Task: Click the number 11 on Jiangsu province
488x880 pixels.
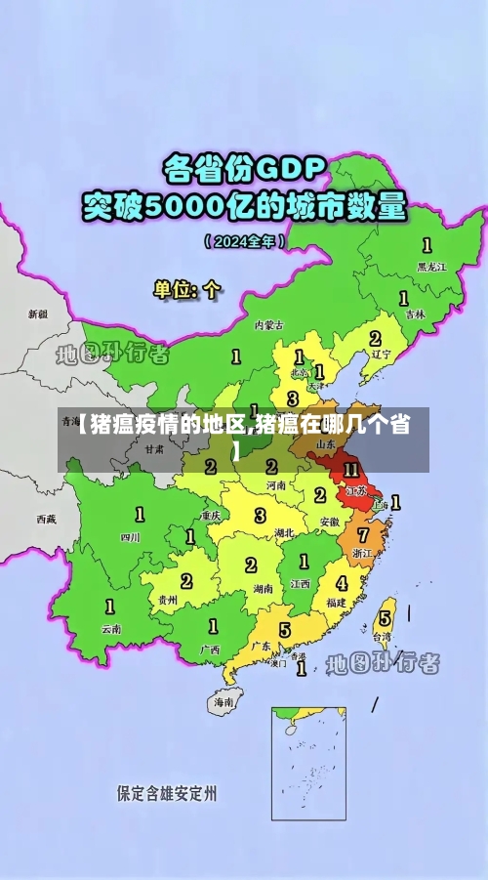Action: pyautogui.click(x=351, y=469)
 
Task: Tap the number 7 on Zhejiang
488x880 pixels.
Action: pyautogui.click(x=363, y=534)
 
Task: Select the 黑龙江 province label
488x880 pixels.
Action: pyautogui.click(x=431, y=266)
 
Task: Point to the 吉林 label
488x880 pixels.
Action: pyautogui.click(x=415, y=314)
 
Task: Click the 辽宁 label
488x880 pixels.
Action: pyautogui.click(x=381, y=356)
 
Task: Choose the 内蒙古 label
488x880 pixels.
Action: pyautogui.click(x=268, y=324)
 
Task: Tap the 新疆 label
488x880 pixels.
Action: pyautogui.click(x=37, y=314)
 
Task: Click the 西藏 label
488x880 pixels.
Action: pyautogui.click(x=46, y=519)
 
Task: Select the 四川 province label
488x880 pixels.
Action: pyautogui.click(x=129, y=536)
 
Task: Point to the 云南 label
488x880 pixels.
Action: pyautogui.click(x=111, y=629)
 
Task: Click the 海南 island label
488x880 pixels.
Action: pyautogui.click(x=224, y=701)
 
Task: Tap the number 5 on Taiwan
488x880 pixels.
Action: pyautogui.click(x=385, y=617)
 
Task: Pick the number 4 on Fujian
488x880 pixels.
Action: pyautogui.click(x=342, y=583)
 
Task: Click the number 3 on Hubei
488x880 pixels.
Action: pyautogui.click(x=260, y=515)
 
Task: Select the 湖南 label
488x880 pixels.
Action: pyautogui.click(x=262, y=589)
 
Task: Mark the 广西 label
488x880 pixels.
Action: pyautogui.click(x=210, y=649)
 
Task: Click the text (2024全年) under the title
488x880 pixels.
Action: pyautogui.click(x=244, y=239)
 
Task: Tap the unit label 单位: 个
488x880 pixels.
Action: pyautogui.click(x=187, y=289)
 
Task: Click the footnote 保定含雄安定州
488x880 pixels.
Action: pyautogui.click(x=167, y=792)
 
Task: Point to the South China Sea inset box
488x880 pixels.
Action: pyautogui.click(x=308, y=763)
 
